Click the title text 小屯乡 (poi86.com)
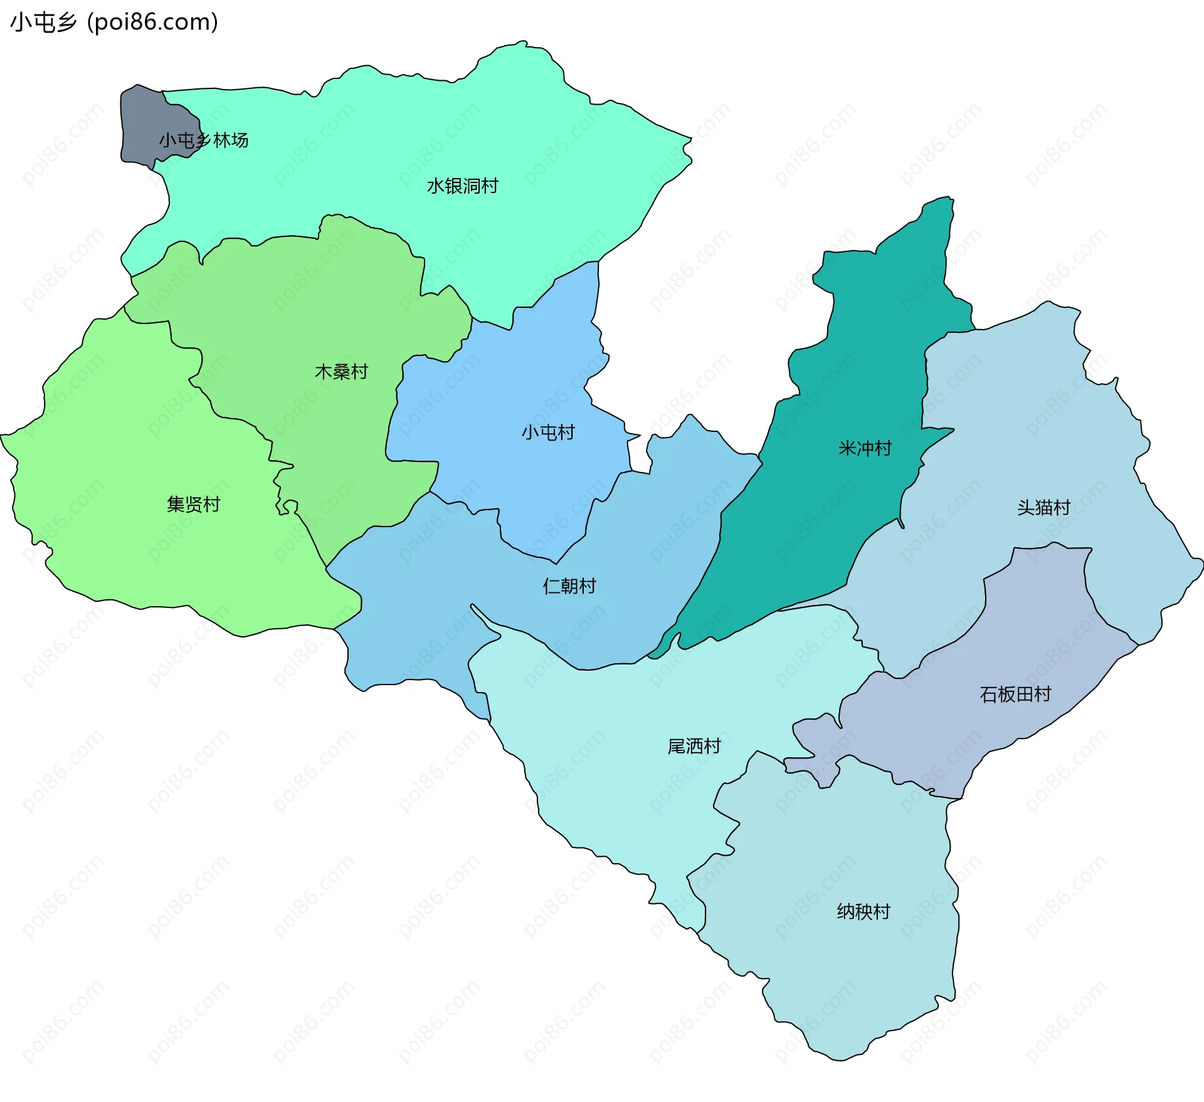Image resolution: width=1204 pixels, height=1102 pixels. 114,22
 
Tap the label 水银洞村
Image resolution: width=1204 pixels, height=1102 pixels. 462,186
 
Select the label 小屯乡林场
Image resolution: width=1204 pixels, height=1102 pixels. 203,140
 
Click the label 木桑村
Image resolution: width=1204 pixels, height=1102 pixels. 341,372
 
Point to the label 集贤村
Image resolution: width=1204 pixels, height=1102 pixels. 193,504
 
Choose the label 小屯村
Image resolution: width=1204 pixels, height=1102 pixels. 548,432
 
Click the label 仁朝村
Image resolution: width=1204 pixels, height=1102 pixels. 569,586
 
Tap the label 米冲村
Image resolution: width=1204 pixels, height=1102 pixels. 865,448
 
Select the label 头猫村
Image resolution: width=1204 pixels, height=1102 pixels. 1043,507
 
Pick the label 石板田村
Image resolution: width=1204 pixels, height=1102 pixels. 1015,694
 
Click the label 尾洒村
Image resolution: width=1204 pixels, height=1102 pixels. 694,746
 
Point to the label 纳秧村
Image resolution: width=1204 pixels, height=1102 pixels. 863,911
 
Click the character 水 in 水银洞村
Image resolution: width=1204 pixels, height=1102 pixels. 436,186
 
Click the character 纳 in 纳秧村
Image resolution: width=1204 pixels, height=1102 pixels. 845,911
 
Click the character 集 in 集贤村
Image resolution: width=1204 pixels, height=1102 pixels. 176,504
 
